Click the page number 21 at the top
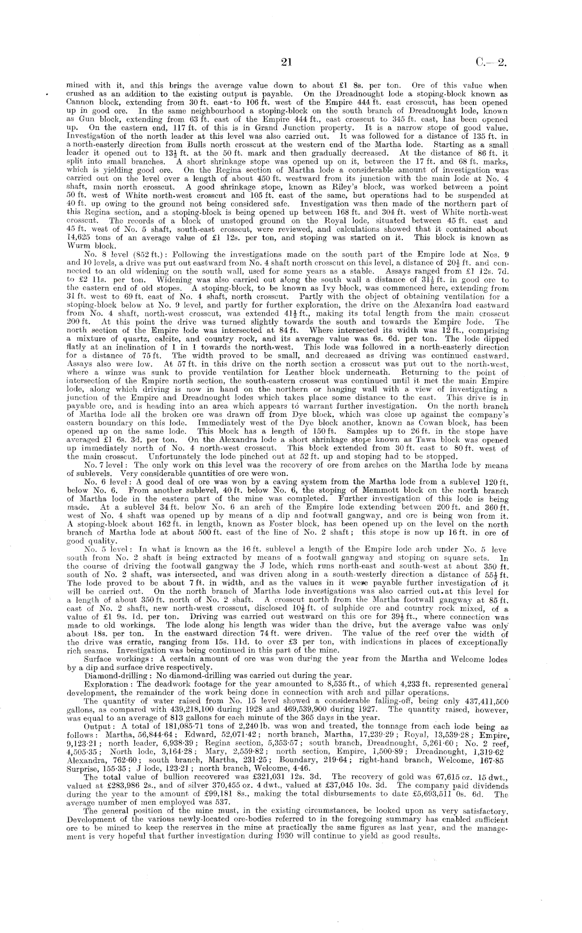[285, 63]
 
